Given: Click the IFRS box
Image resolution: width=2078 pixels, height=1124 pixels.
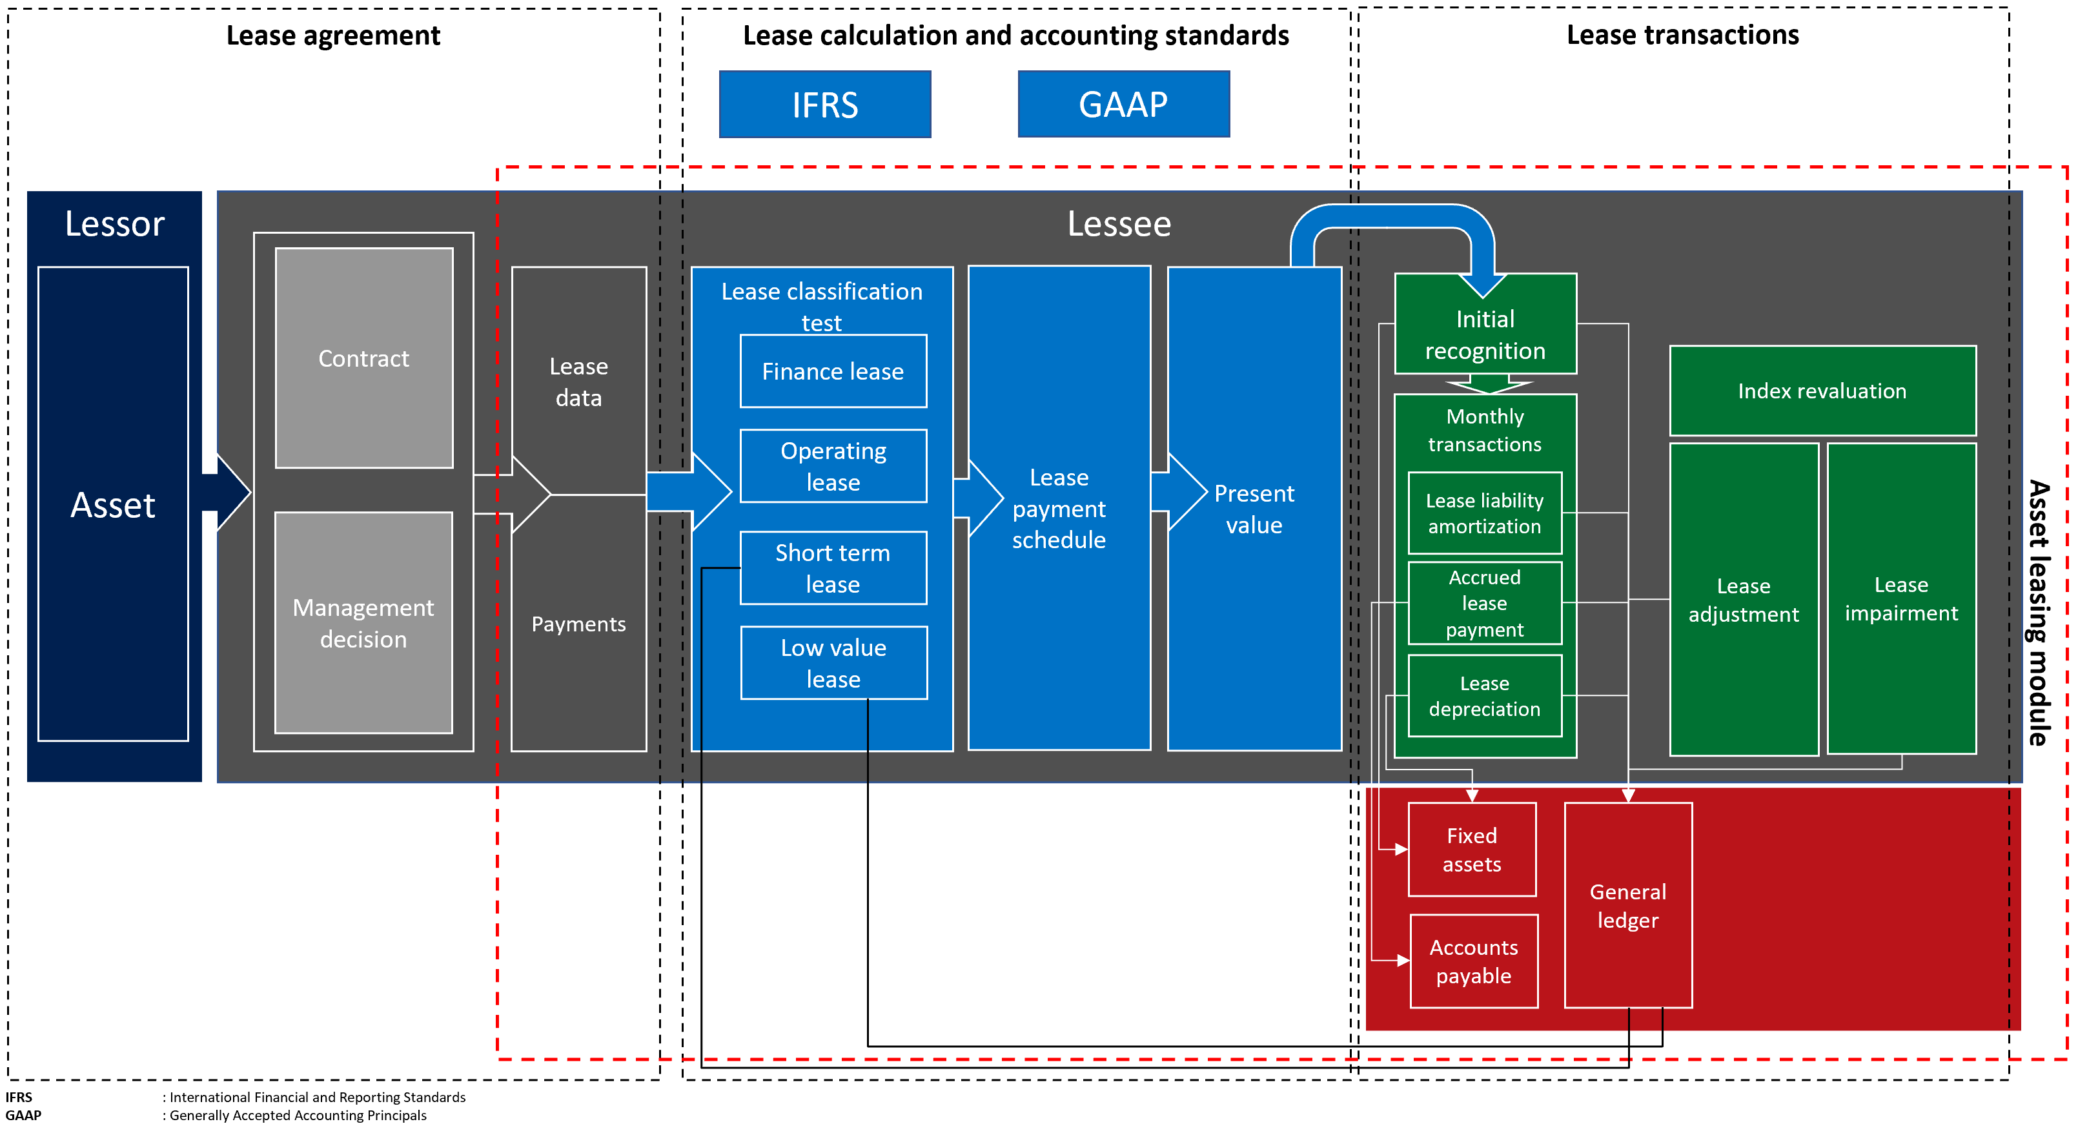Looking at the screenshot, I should click(x=824, y=105).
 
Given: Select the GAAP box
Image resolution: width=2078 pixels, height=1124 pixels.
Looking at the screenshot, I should click(x=1123, y=105).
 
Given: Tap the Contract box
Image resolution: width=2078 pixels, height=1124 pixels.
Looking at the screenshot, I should click(x=364, y=358).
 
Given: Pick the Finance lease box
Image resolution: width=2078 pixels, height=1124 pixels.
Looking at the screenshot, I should click(x=833, y=371).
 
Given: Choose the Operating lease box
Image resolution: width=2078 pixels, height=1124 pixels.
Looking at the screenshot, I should click(x=833, y=466).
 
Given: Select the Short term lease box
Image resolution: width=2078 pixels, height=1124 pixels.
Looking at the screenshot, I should click(x=833, y=568).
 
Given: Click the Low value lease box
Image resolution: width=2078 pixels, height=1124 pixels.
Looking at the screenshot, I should click(x=833, y=663).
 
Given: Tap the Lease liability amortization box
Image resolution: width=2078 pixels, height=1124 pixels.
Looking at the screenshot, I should click(x=1484, y=513).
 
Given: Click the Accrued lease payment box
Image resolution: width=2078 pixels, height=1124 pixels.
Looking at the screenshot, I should click(x=1484, y=604).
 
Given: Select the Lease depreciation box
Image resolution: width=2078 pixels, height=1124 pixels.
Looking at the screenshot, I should click(x=1484, y=695).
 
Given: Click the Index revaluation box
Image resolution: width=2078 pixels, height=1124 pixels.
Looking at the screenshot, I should click(x=1822, y=391).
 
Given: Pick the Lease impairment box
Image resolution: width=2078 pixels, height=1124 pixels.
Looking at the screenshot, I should click(x=1900, y=598).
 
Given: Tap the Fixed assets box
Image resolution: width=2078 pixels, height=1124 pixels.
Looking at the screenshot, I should click(x=1471, y=850).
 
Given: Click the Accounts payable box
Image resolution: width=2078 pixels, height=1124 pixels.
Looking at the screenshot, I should click(x=1473, y=961).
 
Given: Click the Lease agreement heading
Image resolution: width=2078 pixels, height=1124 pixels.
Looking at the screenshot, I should click(x=333, y=36).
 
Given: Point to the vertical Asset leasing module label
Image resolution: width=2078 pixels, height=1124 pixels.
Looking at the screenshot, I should click(x=2039, y=613).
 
